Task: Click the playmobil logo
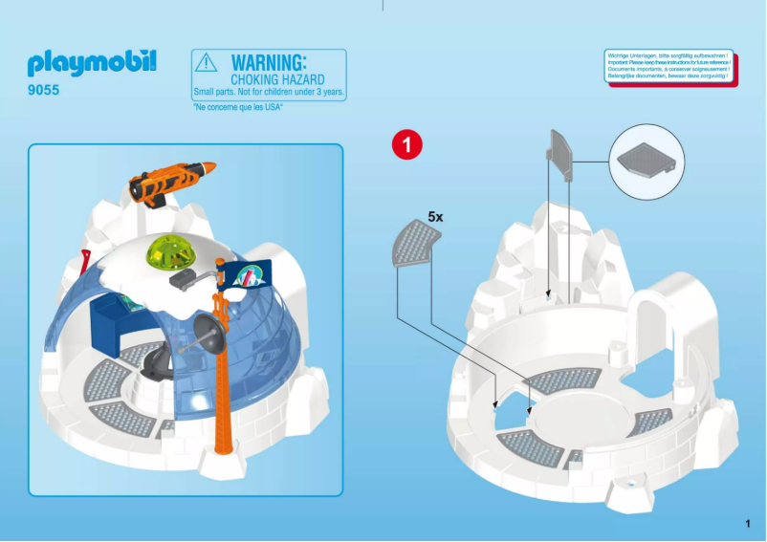(x=91, y=64)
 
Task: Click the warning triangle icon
(x=207, y=63)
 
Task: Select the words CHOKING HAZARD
(x=277, y=79)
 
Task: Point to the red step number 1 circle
(x=406, y=144)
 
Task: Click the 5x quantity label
(x=435, y=217)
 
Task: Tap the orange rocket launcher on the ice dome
(x=172, y=181)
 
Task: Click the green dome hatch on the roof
(x=169, y=253)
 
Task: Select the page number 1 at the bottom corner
(x=746, y=523)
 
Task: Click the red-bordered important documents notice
(x=670, y=66)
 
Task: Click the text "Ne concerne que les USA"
(x=238, y=107)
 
